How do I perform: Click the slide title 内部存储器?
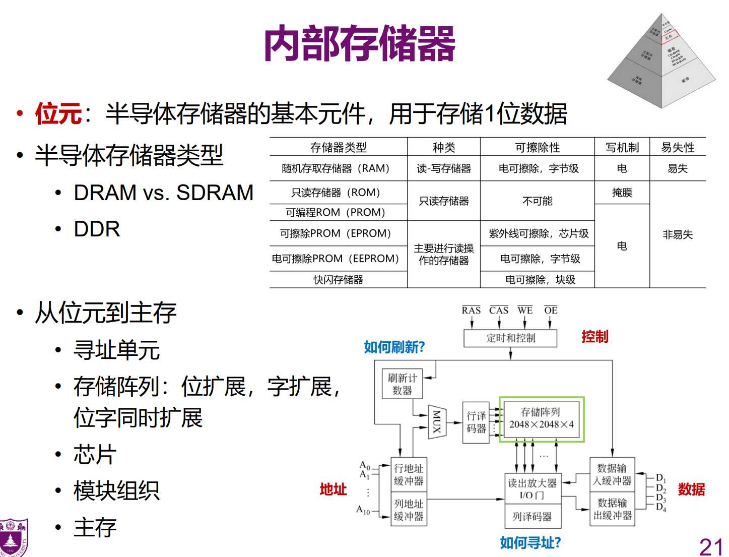[x=359, y=44]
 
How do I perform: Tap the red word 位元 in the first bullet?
[x=58, y=113]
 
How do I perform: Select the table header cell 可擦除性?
[x=537, y=147]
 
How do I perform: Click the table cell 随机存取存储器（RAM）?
[x=338, y=168]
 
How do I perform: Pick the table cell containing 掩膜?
[x=622, y=193]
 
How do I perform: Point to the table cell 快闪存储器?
[x=338, y=280]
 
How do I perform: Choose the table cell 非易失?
[x=678, y=234]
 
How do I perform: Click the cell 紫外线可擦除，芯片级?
[x=538, y=233]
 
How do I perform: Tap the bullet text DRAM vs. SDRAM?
[x=163, y=193]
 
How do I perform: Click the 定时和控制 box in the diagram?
[x=510, y=338]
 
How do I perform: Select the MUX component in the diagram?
[x=437, y=421]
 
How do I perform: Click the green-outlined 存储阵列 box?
[x=541, y=419]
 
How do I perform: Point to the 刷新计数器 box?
[x=402, y=384]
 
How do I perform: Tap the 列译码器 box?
[x=532, y=517]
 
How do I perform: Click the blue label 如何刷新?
[x=394, y=347]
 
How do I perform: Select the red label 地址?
[x=333, y=489]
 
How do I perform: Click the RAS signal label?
[x=471, y=311]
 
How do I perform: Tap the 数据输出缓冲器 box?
[x=612, y=509]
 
